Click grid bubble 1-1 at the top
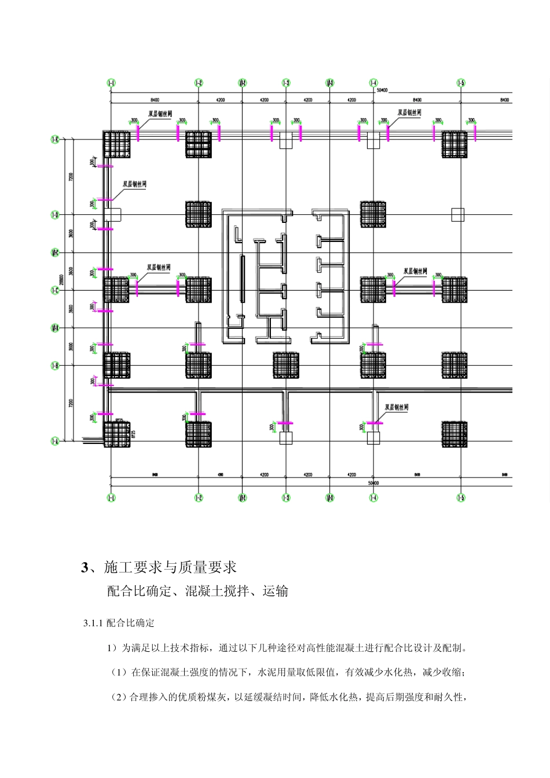111,83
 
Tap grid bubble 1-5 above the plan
461,83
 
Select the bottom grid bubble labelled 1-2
199,498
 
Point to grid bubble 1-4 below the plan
373,498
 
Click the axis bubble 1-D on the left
56,215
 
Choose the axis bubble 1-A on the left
56,441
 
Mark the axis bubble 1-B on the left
56,366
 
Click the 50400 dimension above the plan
382,90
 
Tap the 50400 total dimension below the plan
373,482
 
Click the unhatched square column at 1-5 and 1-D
457,215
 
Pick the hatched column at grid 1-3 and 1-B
286,365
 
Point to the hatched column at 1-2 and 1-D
199,214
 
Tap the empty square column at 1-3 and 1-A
286,438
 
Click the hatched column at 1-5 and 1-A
454,434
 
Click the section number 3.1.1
93,623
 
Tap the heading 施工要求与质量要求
170,567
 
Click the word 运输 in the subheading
276,592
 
